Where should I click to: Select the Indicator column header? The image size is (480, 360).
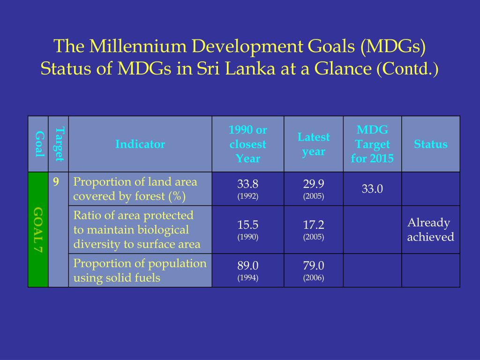[140, 144]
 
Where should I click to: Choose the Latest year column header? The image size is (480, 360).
[314, 144]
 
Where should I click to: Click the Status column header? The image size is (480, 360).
[430, 144]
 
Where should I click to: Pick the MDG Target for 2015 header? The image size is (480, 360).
[372, 144]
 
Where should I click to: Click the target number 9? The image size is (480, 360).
[56, 182]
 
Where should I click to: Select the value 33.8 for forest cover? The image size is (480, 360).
[247, 184]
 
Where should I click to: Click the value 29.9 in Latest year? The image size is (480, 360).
[314, 184]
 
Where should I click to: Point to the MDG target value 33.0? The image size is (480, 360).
[372, 189]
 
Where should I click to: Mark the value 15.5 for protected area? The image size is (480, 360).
[247, 225]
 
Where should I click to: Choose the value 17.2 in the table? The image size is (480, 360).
[314, 225]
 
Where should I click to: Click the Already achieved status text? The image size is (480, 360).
[430, 230]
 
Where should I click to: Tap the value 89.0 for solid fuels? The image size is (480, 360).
[247, 265]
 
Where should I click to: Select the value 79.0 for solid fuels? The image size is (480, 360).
[314, 265]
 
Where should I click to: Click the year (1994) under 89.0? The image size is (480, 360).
[247, 277]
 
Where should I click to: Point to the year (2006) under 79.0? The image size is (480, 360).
[314, 277]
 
